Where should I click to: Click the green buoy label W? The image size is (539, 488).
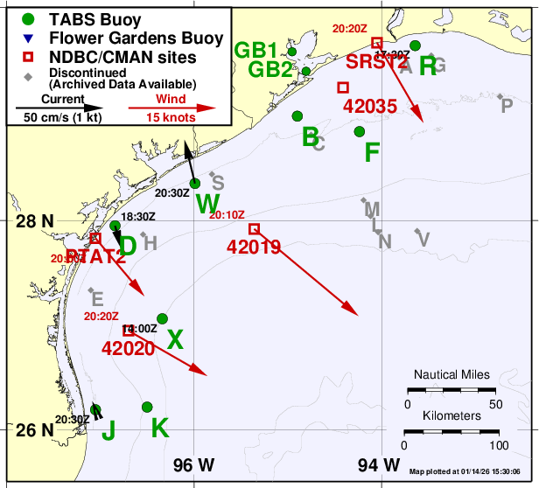point(207,204)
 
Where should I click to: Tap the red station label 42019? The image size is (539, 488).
point(253,247)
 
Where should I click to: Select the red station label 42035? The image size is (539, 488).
point(371,107)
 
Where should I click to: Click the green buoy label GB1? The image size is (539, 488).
point(256,50)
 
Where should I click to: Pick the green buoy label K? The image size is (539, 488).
point(159,428)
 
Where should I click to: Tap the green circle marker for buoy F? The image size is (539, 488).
point(360,131)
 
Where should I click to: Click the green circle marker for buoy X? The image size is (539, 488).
point(162,318)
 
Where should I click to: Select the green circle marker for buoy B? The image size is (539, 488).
point(297,116)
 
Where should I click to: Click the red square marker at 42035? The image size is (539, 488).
point(343,87)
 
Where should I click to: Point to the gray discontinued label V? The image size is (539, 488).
point(423,239)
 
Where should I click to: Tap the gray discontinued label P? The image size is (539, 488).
point(507,106)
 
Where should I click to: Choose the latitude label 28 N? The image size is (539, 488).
point(35,220)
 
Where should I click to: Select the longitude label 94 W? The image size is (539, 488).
point(380,464)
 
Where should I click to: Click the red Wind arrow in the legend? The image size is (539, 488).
point(171,108)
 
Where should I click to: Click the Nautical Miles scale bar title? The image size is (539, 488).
point(451,373)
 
